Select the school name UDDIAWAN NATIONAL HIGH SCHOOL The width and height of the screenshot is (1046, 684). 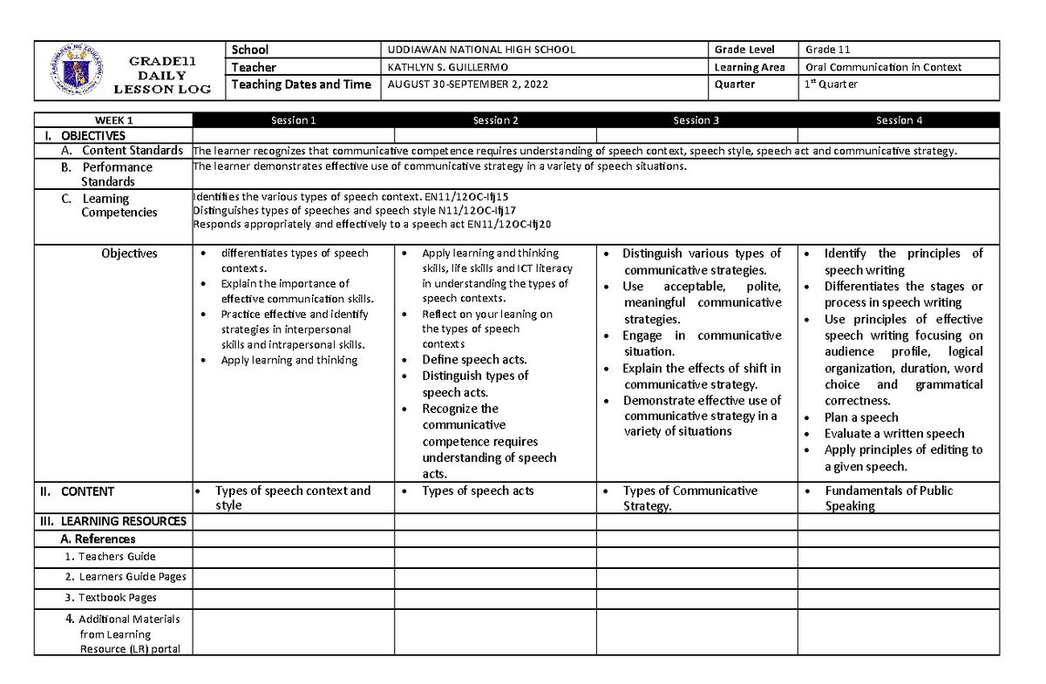pyautogui.click(x=481, y=50)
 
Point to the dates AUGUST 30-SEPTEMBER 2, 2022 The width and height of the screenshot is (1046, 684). pyautogui.click(x=468, y=85)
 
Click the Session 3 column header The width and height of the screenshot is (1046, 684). pyautogui.click(x=696, y=120)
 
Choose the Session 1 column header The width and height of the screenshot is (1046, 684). pyautogui.click(x=294, y=120)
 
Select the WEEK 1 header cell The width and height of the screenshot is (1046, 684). pyautogui.click(x=114, y=120)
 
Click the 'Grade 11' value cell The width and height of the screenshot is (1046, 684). pyautogui.click(x=827, y=50)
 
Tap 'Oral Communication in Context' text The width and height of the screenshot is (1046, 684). pyautogui.click(x=883, y=67)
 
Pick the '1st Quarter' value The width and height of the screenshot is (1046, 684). pyautogui.click(x=832, y=85)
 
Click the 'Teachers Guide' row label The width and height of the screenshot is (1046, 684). pyautogui.click(x=117, y=557)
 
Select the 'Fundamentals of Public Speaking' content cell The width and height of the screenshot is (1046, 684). pyautogui.click(x=887, y=498)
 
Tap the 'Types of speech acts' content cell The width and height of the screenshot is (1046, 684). pyautogui.click(x=478, y=491)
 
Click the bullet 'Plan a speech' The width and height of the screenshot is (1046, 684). pyautogui.click(x=861, y=417)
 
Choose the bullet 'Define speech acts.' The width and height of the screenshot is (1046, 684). pyautogui.click(x=474, y=360)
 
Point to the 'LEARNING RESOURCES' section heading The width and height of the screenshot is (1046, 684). pyautogui.click(x=123, y=521)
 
